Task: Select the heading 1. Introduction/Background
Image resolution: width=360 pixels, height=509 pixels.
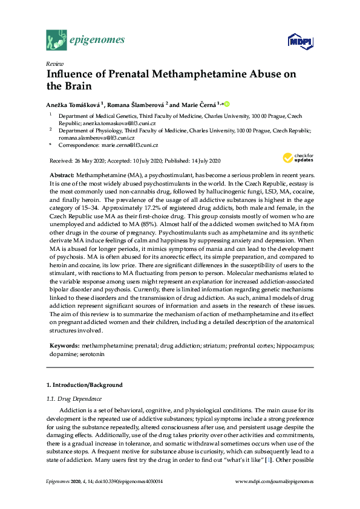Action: point(85,385)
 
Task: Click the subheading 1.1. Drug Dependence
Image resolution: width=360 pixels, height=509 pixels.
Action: point(75,398)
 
